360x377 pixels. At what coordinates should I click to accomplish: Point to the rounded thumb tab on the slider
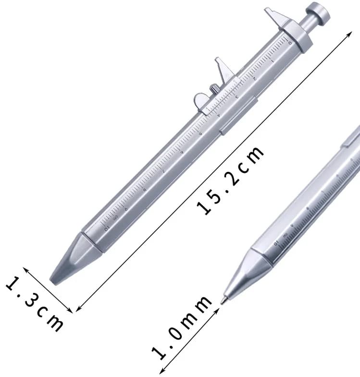pyautogui.click(x=201, y=100)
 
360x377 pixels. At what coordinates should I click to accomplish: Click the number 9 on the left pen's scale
pyautogui.click(x=126, y=207)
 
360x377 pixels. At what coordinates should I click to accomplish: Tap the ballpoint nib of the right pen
pyautogui.click(x=222, y=301)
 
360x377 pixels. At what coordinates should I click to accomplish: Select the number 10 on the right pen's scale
pyautogui.click(x=276, y=242)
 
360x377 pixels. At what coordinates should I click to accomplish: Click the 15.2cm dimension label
pyautogui.click(x=231, y=180)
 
